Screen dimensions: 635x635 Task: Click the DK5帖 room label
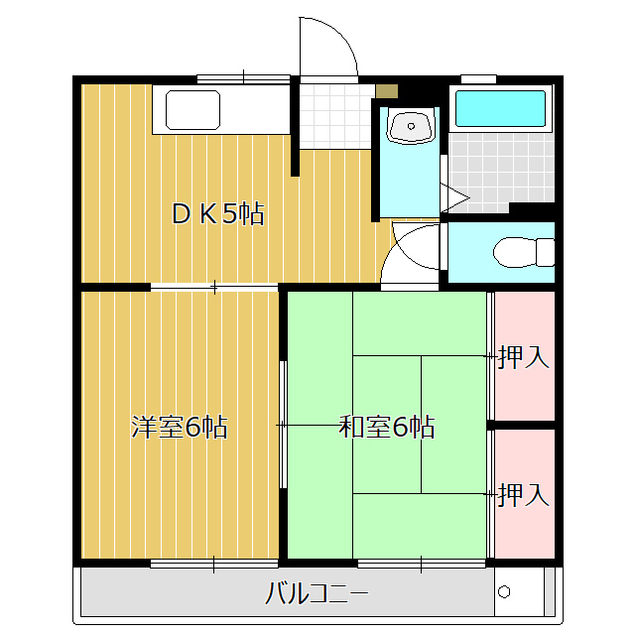pyautogui.click(x=217, y=213)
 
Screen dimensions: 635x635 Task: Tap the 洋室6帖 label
pyautogui.click(x=180, y=428)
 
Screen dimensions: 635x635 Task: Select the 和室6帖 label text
pyautogui.click(x=386, y=428)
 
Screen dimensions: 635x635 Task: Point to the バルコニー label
pyautogui.click(x=317, y=595)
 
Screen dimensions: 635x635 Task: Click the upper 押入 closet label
pyautogui.click(x=523, y=357)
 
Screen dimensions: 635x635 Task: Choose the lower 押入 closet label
pyautogui.click(x=523, y=493)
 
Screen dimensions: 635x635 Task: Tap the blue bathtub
pyautogui.click(x=500, y=109)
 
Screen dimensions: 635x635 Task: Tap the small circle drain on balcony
pyautogui.click(x=503, y=592)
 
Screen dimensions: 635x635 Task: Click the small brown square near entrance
pyautogui.click(x=387, y=91)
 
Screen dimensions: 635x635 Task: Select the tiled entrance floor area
pyautogui.click(x=331, y=117)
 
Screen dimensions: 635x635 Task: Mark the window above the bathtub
pyautogui.click(x=478, y=78)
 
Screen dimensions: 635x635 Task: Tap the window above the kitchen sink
pyautogui.click(x=242, y=77)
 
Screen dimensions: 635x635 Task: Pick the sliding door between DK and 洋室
pyautogui.click(x=214, y=288)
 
